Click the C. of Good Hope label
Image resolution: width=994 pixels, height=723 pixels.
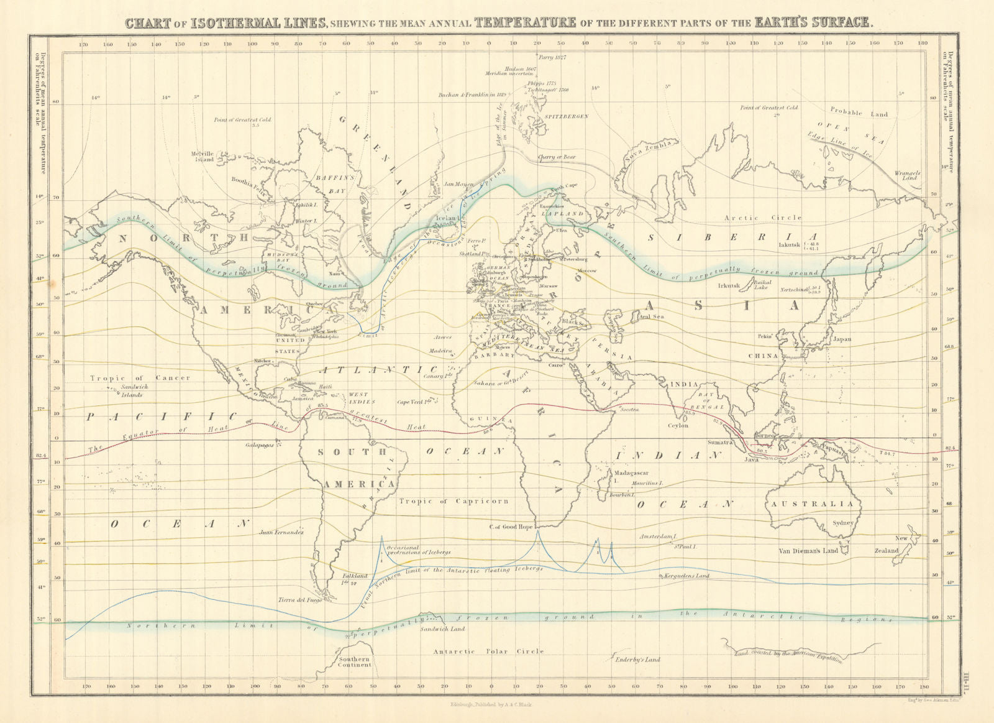510,527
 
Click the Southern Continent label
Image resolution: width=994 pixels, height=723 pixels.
354,662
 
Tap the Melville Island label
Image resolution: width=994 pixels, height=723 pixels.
203,156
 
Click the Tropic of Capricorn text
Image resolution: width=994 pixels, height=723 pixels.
454,501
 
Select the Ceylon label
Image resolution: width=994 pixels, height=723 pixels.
678,426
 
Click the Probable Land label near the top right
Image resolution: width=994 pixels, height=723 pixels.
859,113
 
